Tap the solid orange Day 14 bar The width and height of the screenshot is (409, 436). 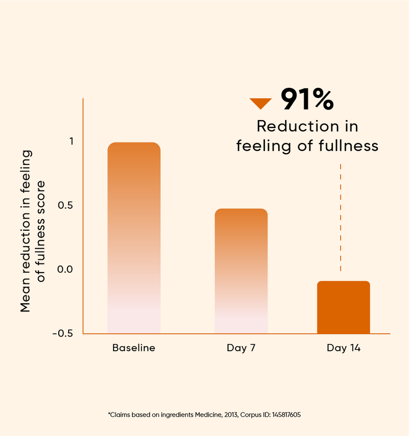[x=343, y=307]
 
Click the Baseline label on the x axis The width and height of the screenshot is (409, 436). [x=134, y=348]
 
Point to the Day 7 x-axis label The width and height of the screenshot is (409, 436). [x=241, y=348]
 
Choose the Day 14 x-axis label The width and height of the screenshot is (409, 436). [x=344, y=348]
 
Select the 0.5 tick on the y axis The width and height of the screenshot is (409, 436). [x=66, y=205]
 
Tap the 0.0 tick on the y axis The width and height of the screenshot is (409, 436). [x=65, y=269]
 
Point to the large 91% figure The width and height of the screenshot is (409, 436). [x=307, y=100]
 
